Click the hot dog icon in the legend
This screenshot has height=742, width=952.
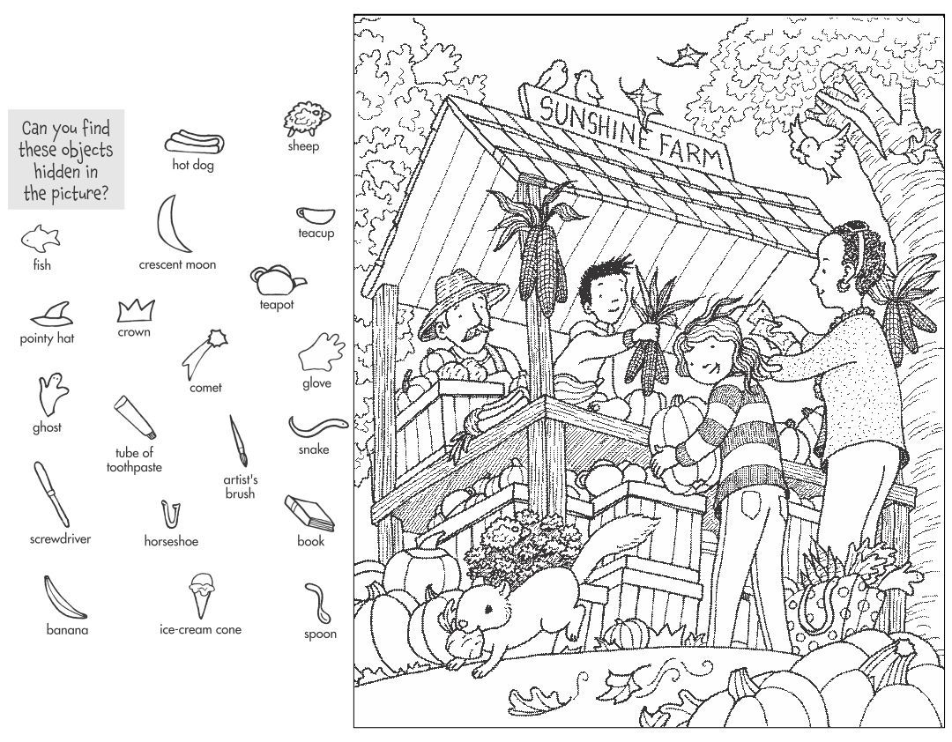(193, 141)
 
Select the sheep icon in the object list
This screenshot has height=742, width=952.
(301, 120)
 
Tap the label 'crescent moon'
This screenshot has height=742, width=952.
(176, 264)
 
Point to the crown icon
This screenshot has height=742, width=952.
(135, 310)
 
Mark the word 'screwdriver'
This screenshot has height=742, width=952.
(60, 538)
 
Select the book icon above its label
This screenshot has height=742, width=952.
(309, 513)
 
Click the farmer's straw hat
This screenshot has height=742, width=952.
(460, 297)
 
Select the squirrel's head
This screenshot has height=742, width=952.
(475, 615)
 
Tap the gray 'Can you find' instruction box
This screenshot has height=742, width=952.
(66, 159)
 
